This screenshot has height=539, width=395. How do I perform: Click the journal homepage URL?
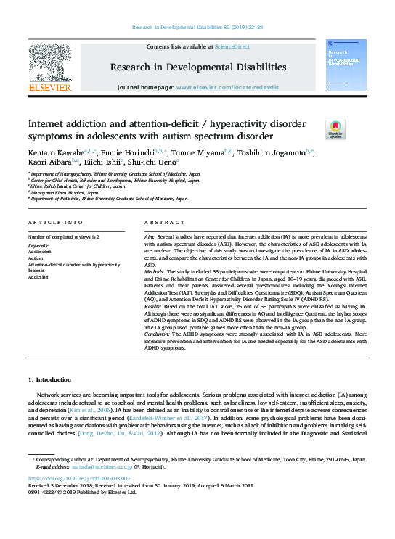click(x=234, y=87)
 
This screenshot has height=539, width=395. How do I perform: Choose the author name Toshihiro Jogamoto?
click(x=280, y=153)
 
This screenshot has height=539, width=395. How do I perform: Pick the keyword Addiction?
click(x=38, y=277)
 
